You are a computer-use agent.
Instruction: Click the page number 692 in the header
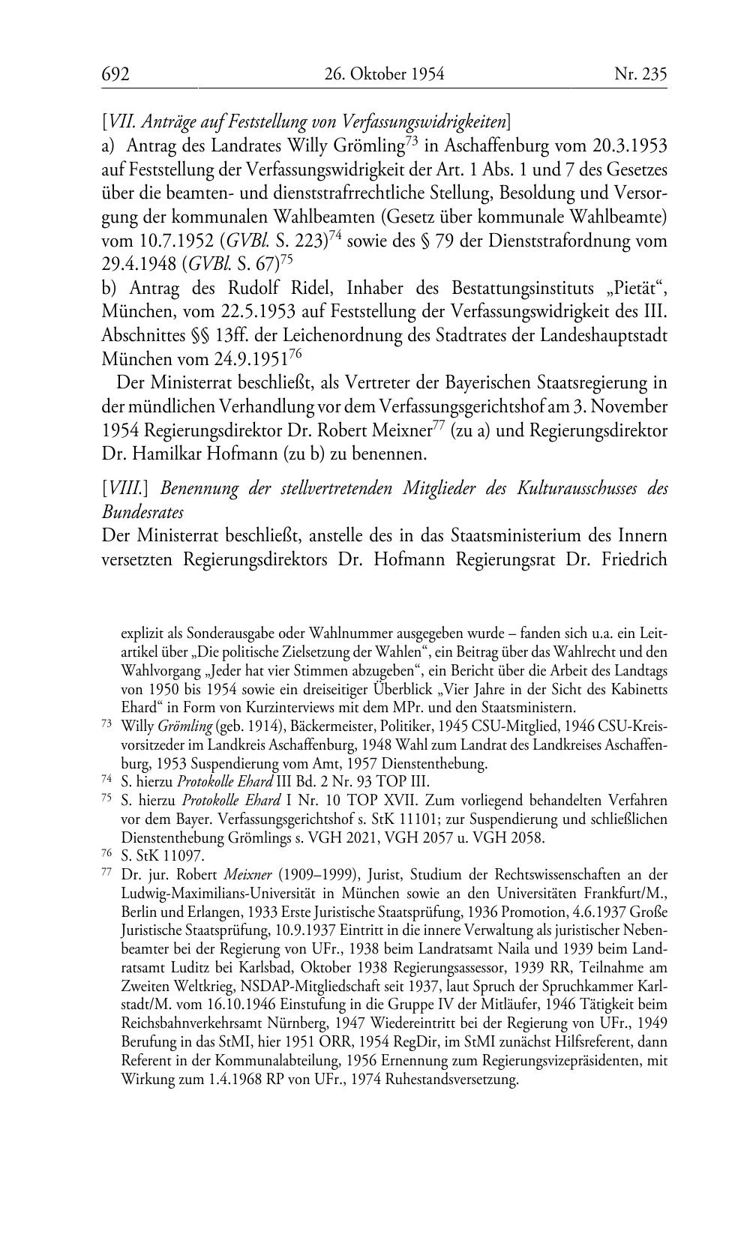pyautogui.click(x=115, y=73)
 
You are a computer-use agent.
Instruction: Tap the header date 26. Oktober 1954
pyautogui.click(x=384, y=73)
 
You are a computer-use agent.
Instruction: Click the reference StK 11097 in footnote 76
pyautogui.click(x=169, y=856)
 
